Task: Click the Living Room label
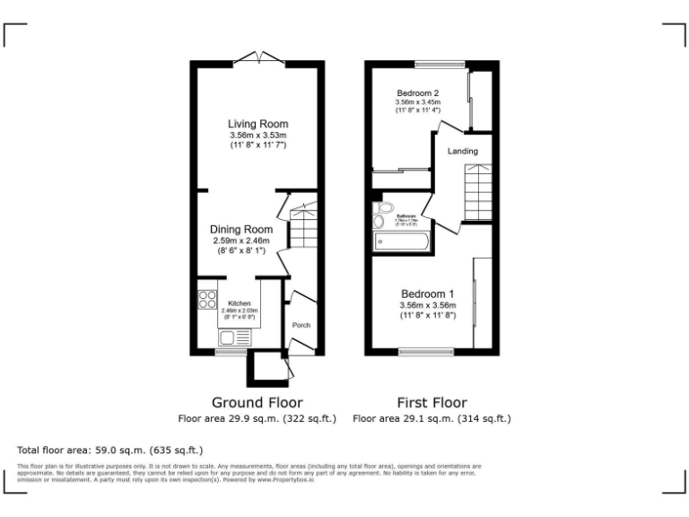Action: point(257,124)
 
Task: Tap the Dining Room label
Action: point(240,230)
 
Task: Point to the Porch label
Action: point(301,325)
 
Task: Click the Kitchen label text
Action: point(240,303)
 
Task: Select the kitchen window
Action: point(231,353)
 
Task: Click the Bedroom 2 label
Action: point(417,93)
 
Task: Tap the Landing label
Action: point(463,152)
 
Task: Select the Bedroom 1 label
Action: point(427,294)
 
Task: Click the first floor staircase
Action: point(477,192)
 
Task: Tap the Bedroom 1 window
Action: point(426,352)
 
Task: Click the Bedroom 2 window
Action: point(440,64)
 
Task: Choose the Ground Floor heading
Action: point(257,402)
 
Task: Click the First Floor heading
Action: point(432,402)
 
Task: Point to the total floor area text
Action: point(110,450)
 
